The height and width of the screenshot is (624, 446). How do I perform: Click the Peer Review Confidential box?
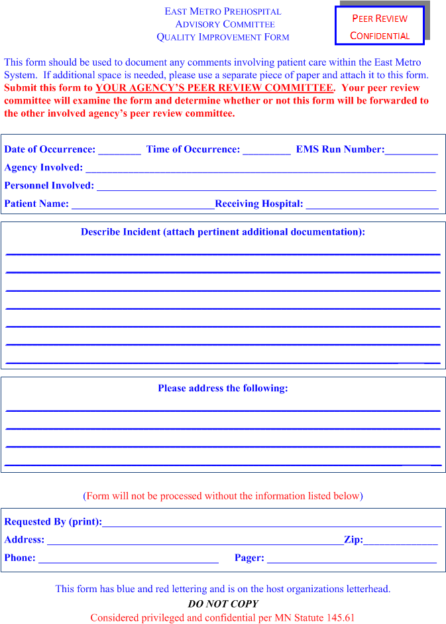tap(380, 27)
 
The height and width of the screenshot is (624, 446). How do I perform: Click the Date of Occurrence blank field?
tap(119, 151)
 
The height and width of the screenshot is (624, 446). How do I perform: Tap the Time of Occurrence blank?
tap(266, 151)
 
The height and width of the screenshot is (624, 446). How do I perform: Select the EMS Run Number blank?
tap(411, 151)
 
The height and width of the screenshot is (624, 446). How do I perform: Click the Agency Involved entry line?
tap(260, 169)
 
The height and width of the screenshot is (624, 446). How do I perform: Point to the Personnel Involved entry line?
tap(266, 187)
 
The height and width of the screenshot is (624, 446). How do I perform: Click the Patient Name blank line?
tap(142, 205)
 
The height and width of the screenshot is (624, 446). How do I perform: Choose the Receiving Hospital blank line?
tap(372, 205)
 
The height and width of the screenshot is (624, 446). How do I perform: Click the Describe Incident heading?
tap(223, 232)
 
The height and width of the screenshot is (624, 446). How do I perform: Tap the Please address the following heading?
tap(223, 388)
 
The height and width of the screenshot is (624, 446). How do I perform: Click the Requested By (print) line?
tap(272, 523)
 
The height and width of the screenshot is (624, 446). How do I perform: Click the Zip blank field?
tap(400, 541)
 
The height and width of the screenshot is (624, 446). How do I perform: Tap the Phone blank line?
tap(129, 559)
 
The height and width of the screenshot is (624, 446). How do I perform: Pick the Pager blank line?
tap(351, 559)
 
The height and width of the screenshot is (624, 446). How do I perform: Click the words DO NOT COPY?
tap(223, 603)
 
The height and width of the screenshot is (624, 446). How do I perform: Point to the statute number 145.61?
tap(341, 617)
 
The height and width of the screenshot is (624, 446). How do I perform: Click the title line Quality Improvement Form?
tap(223, 37)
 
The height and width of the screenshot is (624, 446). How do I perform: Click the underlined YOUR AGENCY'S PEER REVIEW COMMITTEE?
tap(214, 88)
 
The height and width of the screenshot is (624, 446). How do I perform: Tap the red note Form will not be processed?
tap(223, 496)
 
